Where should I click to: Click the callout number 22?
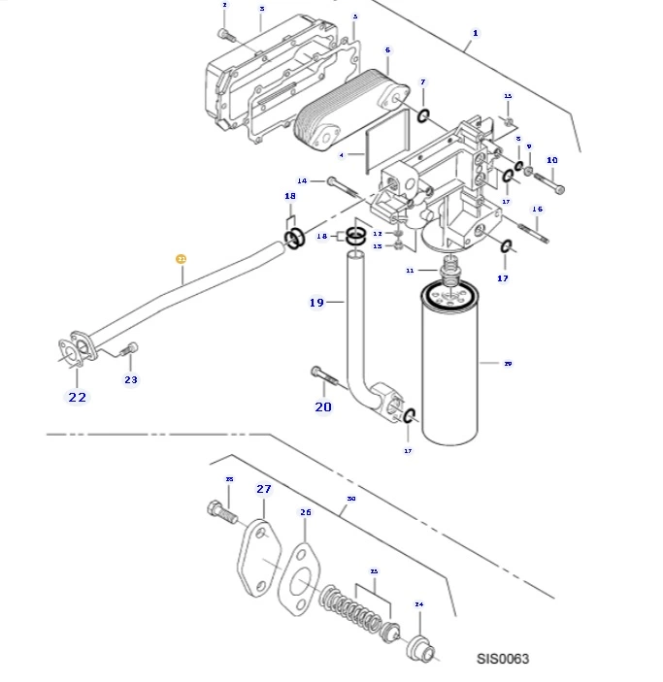[77, 397]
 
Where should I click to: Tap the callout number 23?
[131, 379]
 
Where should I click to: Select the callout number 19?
[316, 303]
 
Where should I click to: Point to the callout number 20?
[323, 406]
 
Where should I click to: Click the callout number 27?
[263, 489]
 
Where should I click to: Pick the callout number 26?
[305, 512]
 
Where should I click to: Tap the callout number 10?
[552, 160]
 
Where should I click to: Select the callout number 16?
[537, 210]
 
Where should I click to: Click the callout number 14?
[302, 180]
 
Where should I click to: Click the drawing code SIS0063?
[502, 660]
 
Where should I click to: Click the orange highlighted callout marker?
[181, 259]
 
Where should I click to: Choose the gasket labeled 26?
[299, 582]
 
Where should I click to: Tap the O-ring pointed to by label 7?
[424, 117]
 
